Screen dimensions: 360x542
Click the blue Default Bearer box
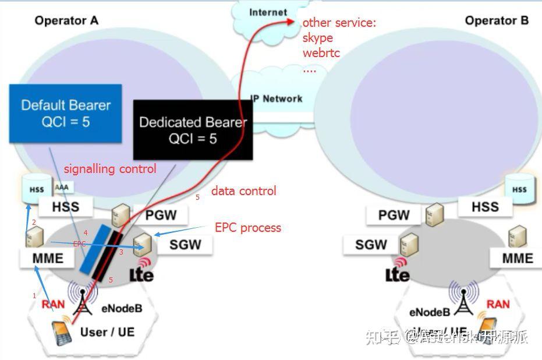coord(65,114)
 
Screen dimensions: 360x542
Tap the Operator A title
coord(66,21)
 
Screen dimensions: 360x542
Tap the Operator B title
coord(497,21)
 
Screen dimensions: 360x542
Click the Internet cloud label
coord(268,12)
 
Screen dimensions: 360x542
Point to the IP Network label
coord(277,98)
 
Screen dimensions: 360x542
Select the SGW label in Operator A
coord(185,245)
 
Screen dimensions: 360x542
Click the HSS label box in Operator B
coord(485,206)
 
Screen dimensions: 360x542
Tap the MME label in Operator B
coord(518,258)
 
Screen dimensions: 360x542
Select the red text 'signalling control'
coord(110,169)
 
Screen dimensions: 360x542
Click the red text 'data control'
coord(243,190)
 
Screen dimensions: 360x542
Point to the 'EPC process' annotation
coord(248,227)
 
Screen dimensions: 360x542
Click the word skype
coord(318,38)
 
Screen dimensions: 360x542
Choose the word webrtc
coord(321,53)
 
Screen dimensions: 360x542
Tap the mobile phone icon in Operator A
coord(61,330)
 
